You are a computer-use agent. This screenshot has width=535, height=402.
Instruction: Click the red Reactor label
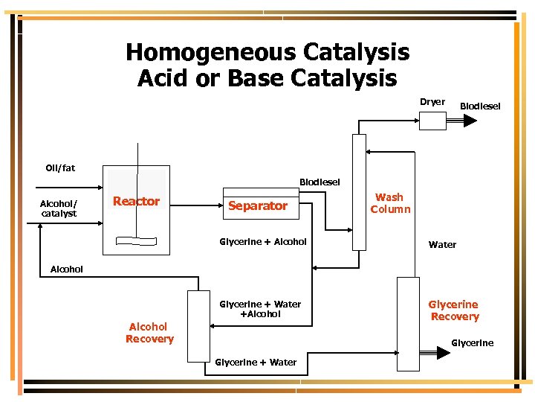tap(136, 201)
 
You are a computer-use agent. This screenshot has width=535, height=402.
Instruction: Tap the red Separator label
tap(257, 205)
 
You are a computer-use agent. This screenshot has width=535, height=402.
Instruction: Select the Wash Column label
tap(390, 203)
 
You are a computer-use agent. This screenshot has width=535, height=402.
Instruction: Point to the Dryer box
tap(432, 120)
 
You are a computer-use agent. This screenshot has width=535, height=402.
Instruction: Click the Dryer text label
tap(432, 102)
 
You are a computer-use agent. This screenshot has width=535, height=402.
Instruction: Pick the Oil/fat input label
tap(60, 168)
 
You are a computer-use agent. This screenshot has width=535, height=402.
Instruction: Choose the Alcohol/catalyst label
tap(59, 208)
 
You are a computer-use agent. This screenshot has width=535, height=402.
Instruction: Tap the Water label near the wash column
tap(442, 245)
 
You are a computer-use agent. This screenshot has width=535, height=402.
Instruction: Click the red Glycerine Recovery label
tap(454, 310)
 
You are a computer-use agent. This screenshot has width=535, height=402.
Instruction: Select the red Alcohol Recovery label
tap(149, 333)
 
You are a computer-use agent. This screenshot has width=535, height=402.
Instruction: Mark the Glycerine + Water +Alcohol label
tap(260, 309)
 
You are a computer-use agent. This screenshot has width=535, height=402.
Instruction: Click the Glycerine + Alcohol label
tap(263, 241)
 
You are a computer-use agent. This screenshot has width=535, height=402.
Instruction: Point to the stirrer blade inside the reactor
tap(137, 240)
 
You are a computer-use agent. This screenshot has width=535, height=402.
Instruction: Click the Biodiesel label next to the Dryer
tap(480, 106)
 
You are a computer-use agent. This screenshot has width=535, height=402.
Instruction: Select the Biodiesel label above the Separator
tap(320, 182)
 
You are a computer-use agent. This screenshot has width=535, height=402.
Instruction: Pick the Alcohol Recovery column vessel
tap(198, 326)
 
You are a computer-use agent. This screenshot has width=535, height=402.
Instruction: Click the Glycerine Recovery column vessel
tap(408, 323)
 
